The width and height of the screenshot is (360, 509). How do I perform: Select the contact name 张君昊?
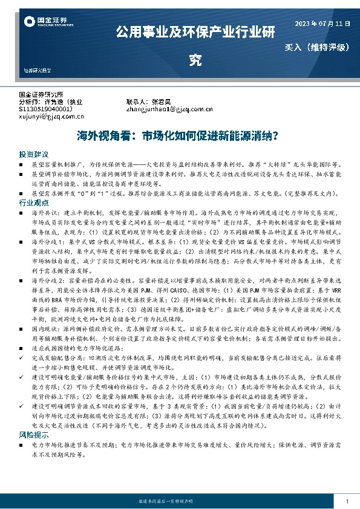click(x=162, y=102)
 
